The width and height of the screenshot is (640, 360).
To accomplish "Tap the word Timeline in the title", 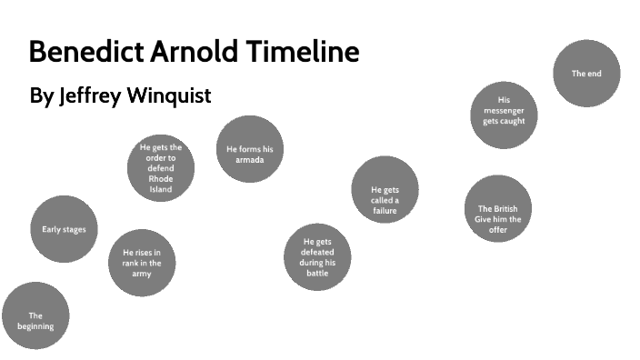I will pyautogui.click(x=301, y=52).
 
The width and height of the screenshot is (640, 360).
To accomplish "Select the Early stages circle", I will pyautogui.click(x=64, y=229).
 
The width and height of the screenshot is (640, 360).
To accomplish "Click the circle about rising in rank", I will pyautogui.click(x=142, y=263).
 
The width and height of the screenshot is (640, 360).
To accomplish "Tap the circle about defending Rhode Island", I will pyautogui.click(x=161, y=168).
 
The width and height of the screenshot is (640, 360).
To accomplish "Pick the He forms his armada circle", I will pyautogui.click(x=249, y=150).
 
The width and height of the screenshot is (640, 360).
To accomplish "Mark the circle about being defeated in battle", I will pyautogui.click(x=317, y=257).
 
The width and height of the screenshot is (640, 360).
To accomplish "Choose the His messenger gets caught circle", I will pyautogui.click(x=504, y=115).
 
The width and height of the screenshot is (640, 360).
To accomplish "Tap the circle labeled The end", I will pyautogui.click(x=587, y=74).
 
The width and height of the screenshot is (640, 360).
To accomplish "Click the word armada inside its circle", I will pyautogui.click(x=249, y=160).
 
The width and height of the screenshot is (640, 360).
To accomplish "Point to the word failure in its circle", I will pyautogui.click(x=385, y=211).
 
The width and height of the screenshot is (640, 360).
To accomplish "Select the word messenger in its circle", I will pyautogui.click(x=504, y=110).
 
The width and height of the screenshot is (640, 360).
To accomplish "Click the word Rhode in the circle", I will pyautogui.click(x=161, y=179).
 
